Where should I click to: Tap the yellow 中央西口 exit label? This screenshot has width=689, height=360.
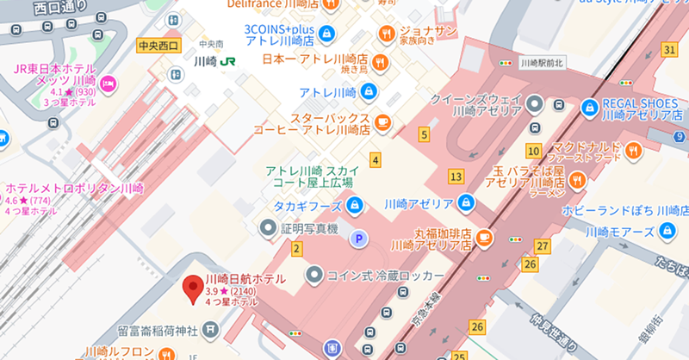coord(157,45)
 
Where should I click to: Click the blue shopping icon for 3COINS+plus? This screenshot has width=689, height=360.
coord(326,34)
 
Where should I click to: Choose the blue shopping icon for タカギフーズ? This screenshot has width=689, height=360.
coord(354,205)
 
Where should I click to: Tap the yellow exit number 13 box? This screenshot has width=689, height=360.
coord(456,177)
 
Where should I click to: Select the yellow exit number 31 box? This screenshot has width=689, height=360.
coord(669,50)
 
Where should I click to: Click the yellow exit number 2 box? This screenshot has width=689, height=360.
coord(297,249)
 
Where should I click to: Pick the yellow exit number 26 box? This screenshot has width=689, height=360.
coord(478,326)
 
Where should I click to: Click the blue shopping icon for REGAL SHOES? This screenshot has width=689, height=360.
coord(590,108)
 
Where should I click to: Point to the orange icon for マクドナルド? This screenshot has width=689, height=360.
coord(635,151)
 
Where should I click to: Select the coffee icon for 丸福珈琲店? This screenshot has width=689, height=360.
coord(485,237)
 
